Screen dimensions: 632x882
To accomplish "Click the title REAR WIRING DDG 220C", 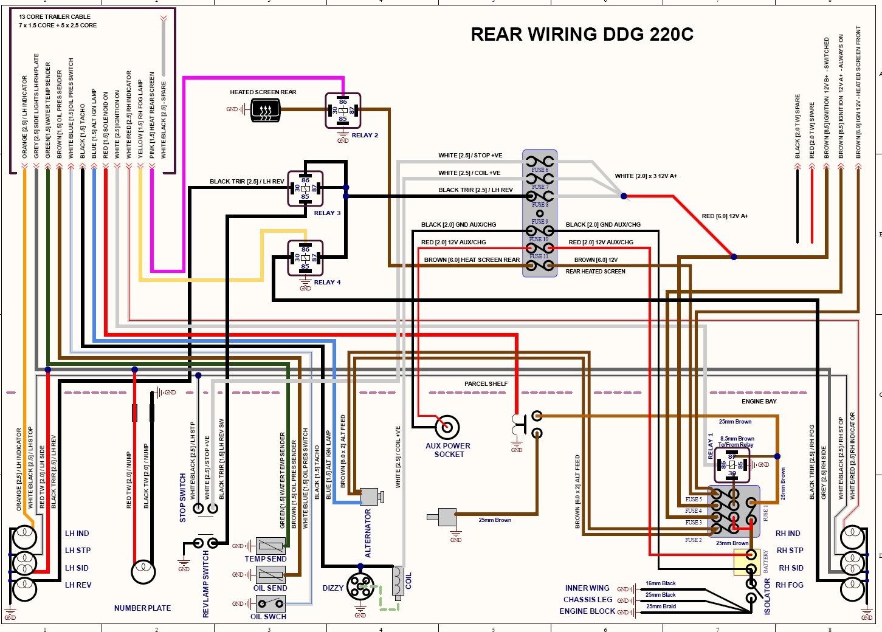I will click(x=582, y=35).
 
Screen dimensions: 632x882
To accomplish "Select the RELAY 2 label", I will click(x=365, y=136).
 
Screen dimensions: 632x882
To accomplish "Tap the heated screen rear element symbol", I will click(x=265, y=110).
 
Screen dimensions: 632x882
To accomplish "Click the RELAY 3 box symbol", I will click(x=305, y=188).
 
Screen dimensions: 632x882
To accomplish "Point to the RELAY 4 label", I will click(x=327, y=283).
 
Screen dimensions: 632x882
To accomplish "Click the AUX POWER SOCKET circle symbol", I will click(x=447, y=427).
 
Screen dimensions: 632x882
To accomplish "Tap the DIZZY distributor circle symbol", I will click(x=360, y=586).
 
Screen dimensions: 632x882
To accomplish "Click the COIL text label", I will click(x=408, y=580).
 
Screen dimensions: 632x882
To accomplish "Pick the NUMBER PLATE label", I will click(x=142, y=608).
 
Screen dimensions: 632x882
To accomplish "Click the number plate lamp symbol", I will click(x=143, y=572).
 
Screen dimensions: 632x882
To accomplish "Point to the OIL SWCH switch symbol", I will click(x=270, y=603).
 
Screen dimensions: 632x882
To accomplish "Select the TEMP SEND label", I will click(x=266, y=559).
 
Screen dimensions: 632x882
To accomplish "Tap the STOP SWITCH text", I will click(x=183, y=498).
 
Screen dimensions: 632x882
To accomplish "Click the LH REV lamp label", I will click(x=78, y=585).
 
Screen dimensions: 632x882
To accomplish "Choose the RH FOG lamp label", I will click(x=790, y=585).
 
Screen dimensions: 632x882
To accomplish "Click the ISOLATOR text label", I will click(x=767, y=596).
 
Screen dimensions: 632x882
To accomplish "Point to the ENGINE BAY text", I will click(x=759, y=402).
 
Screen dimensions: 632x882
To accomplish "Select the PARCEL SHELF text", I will click(x=486, y=384).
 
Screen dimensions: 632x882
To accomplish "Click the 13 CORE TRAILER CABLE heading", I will click(x=55, y=17).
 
